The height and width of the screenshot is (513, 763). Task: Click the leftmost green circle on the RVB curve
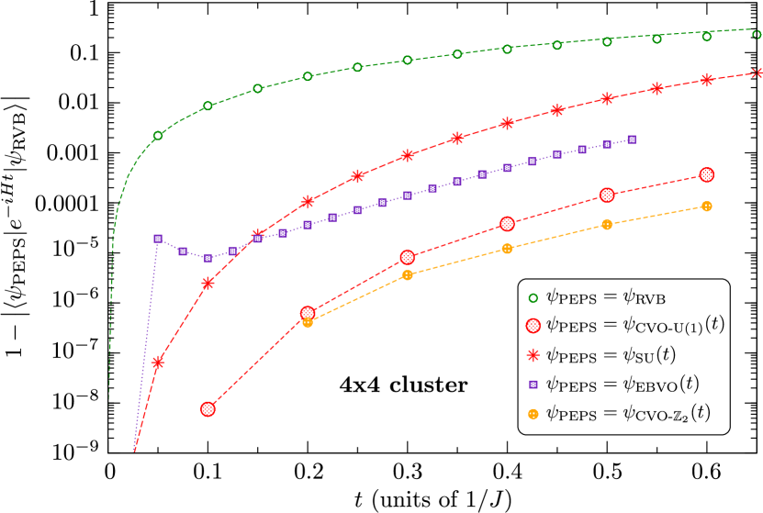pos(158,135)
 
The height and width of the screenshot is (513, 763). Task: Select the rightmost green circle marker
pos(757,35)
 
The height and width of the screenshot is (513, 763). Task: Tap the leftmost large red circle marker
pos(208,408)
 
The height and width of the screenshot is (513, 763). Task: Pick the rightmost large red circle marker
pos(706,174)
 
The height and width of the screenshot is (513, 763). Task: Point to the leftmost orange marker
pos(308,322)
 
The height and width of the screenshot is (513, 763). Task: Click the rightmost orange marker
pos(706,206)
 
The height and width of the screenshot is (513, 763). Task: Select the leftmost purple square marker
pos(158,239)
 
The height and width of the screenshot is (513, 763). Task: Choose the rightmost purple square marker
pos(632,139)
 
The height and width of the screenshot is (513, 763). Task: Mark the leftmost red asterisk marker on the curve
pos(158,362)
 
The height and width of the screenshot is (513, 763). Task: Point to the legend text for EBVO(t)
pos(623,384)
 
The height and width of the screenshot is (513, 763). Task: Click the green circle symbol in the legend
pos(533,297)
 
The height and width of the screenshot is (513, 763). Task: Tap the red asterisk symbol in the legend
pos(533,355)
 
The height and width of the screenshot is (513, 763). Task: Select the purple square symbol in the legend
pos(533,385)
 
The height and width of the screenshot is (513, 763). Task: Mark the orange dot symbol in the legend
pos(533,414)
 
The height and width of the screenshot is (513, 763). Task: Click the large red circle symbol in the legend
pos(533,326)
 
